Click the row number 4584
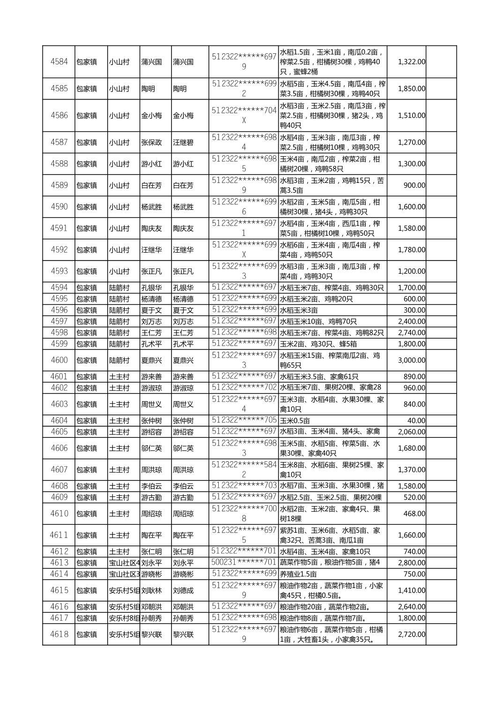pos(59,62)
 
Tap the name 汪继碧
pos(183,142)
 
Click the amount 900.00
pos(414,185)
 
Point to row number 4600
pos(59,360)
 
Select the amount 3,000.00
pos(411,360)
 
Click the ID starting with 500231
pos(244,562)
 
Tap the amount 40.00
pos(416,421)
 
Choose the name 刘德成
pos(183,590)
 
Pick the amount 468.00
pos(414,514)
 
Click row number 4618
pos(59,634)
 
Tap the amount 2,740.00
pos(411,333)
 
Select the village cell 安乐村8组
pos(124,618)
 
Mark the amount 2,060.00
pos(411,432)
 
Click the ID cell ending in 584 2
pos(244,470)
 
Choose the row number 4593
pos(59,271)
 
